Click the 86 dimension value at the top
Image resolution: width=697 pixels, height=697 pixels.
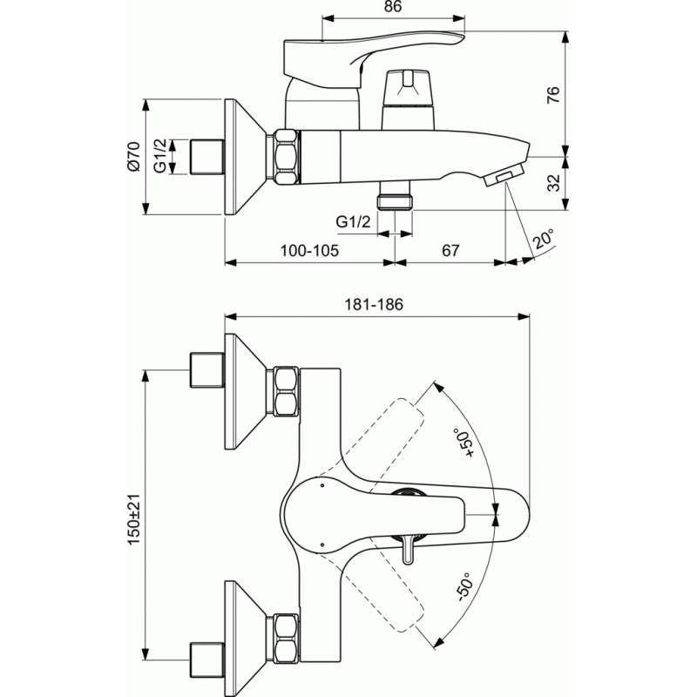click(393, 7)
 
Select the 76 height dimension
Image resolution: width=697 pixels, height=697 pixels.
click(553, 95)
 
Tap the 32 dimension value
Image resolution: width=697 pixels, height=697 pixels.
click(553, 183)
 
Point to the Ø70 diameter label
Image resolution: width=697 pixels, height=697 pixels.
click(133, 157)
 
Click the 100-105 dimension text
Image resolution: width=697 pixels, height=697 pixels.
click(309, 251)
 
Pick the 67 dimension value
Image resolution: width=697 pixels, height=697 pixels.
click(450, 251)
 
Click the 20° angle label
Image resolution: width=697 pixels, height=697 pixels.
click(544, 239)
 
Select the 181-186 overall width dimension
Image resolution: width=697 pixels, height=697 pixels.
click(374, 304)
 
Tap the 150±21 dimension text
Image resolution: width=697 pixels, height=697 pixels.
click(133, 519)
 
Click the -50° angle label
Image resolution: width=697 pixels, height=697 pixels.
click(464, 587)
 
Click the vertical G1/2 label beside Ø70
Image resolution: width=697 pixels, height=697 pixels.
click(160, 156)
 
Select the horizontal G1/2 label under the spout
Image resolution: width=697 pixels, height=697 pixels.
click(353, 221)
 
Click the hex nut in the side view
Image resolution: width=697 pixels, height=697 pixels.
click(286, 157)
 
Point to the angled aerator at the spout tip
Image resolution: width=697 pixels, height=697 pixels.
click(503, 176)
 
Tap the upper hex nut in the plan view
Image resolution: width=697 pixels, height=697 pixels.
click(286, 391)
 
